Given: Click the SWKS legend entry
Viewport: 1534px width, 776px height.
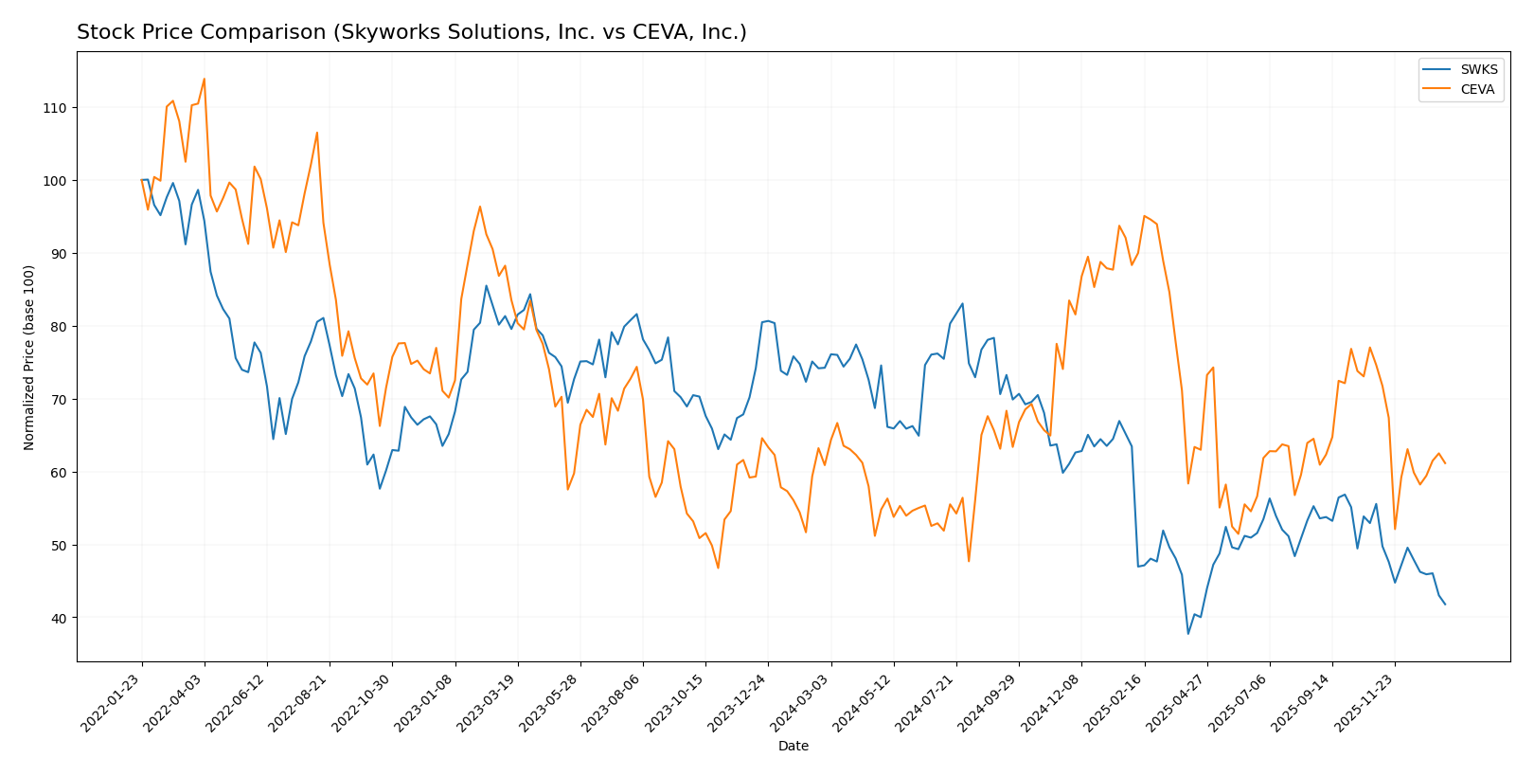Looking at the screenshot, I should (x=1477, y=70).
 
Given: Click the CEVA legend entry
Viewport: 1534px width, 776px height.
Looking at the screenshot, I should (x=1477, y=90).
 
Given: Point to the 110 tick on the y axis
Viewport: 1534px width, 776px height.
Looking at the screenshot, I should (x=53, y=108).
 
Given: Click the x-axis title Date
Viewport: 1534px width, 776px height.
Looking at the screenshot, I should (x=793, y=747).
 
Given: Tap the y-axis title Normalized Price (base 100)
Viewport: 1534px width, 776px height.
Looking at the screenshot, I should (x=29, y=357).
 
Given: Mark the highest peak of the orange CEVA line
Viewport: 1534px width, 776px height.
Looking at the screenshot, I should (x=204, y=79).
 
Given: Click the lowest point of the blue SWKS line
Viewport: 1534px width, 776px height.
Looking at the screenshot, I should (x=1187, y=634).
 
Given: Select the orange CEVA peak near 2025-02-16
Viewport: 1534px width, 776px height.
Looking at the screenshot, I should (x=1144, y=216).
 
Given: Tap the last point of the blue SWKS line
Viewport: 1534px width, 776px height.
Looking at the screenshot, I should (x=1445, y=605).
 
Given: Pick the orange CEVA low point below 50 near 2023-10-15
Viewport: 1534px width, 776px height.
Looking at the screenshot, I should (x=718, y=568).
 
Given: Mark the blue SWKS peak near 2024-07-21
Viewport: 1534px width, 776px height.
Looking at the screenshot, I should (x=962, y=304).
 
